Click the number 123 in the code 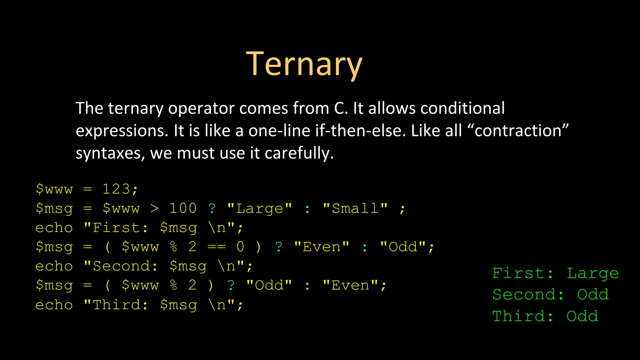click(x=116, y=189)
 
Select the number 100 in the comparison click(x=183, y=208)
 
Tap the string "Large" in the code click(x=259, y=208)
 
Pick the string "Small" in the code click(x=355, y=208)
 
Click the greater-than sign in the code click(x=154, y=208)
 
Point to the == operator click(x=216, y=247)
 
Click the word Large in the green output click(x=592, y=273)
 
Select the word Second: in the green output click(x=528, y=295)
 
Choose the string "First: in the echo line click(x=116, y=228)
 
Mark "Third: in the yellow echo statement click(x=116, y=305)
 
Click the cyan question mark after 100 click(x=212, y=208)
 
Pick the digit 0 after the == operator click(x=240, y=247)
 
